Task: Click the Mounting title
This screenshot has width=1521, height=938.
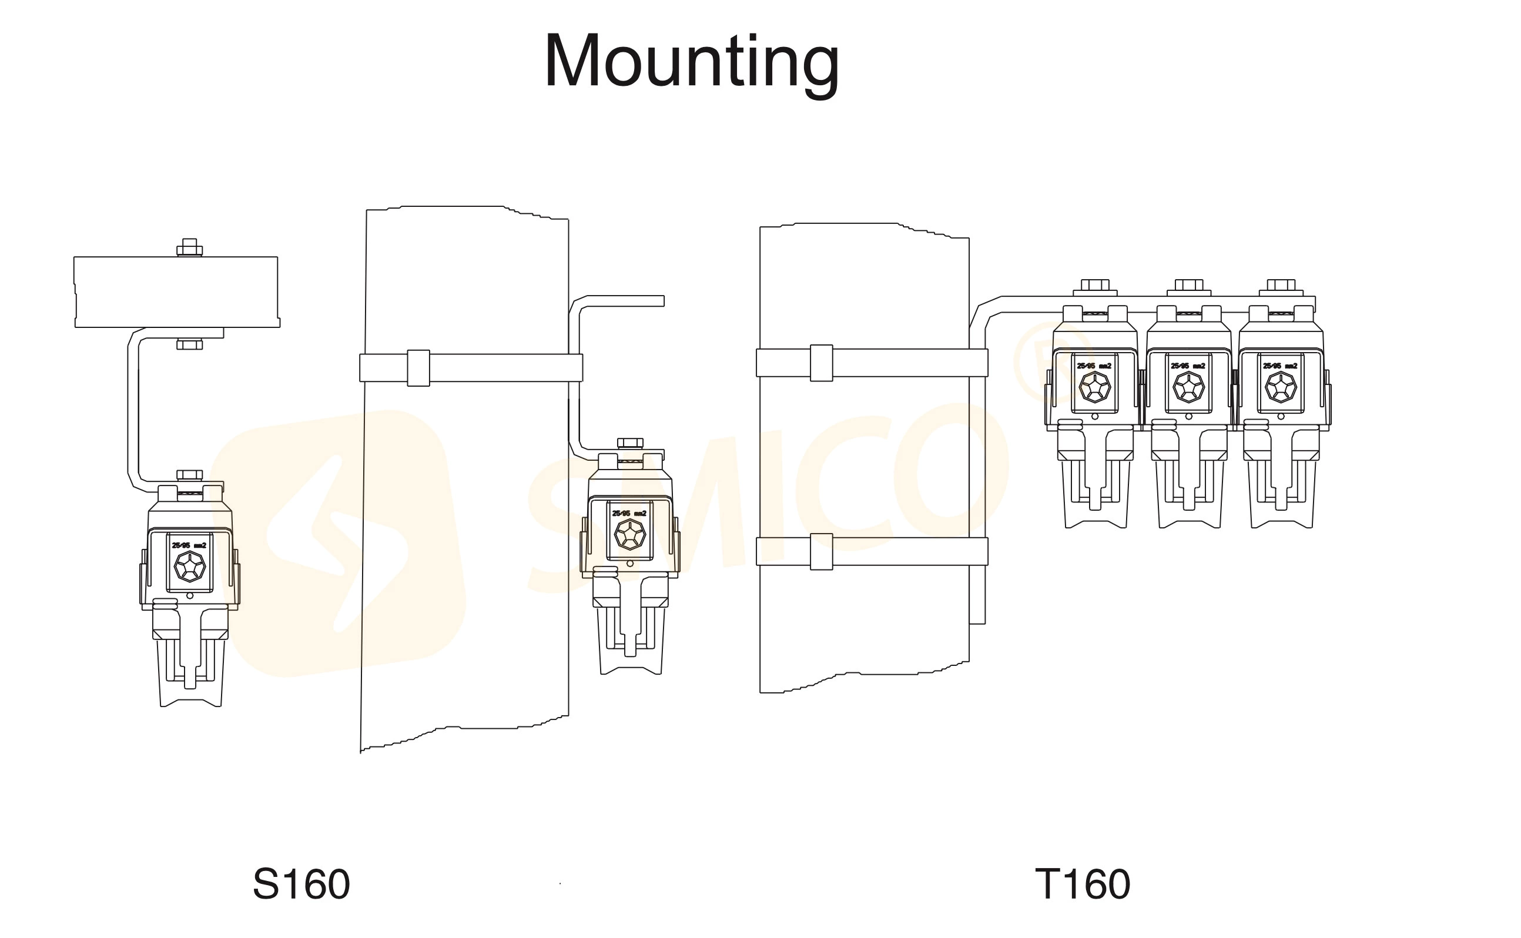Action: [x=692, y=62]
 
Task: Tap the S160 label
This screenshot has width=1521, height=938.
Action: [x=301, y=884]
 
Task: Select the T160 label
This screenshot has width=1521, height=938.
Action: [x=1083, y=884]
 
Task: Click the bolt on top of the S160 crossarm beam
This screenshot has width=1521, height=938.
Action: [x=190, y=247]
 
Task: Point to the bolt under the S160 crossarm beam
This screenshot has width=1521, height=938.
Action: [x=190, y=344]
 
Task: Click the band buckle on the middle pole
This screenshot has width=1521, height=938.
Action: [x=418, y=368]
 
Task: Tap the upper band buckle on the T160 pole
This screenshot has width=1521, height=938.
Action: [x=821, y=363]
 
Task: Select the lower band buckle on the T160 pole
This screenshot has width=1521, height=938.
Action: [x=821, y=551]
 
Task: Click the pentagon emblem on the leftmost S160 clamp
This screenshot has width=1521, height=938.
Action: [x=189, y=567]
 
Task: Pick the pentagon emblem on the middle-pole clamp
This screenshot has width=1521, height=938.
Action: [x=629, y=534]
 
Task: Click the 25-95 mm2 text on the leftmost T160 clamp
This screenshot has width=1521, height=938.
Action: [x=1094, y=366]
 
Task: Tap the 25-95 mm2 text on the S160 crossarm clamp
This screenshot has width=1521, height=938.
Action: [x=189, y=545]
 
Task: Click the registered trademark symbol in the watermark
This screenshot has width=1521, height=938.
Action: [x=1044, y=361]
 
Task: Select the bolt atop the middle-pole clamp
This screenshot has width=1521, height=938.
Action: [x=630, y=443]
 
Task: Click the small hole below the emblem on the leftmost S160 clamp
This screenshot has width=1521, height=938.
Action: [x=190, y=595]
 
